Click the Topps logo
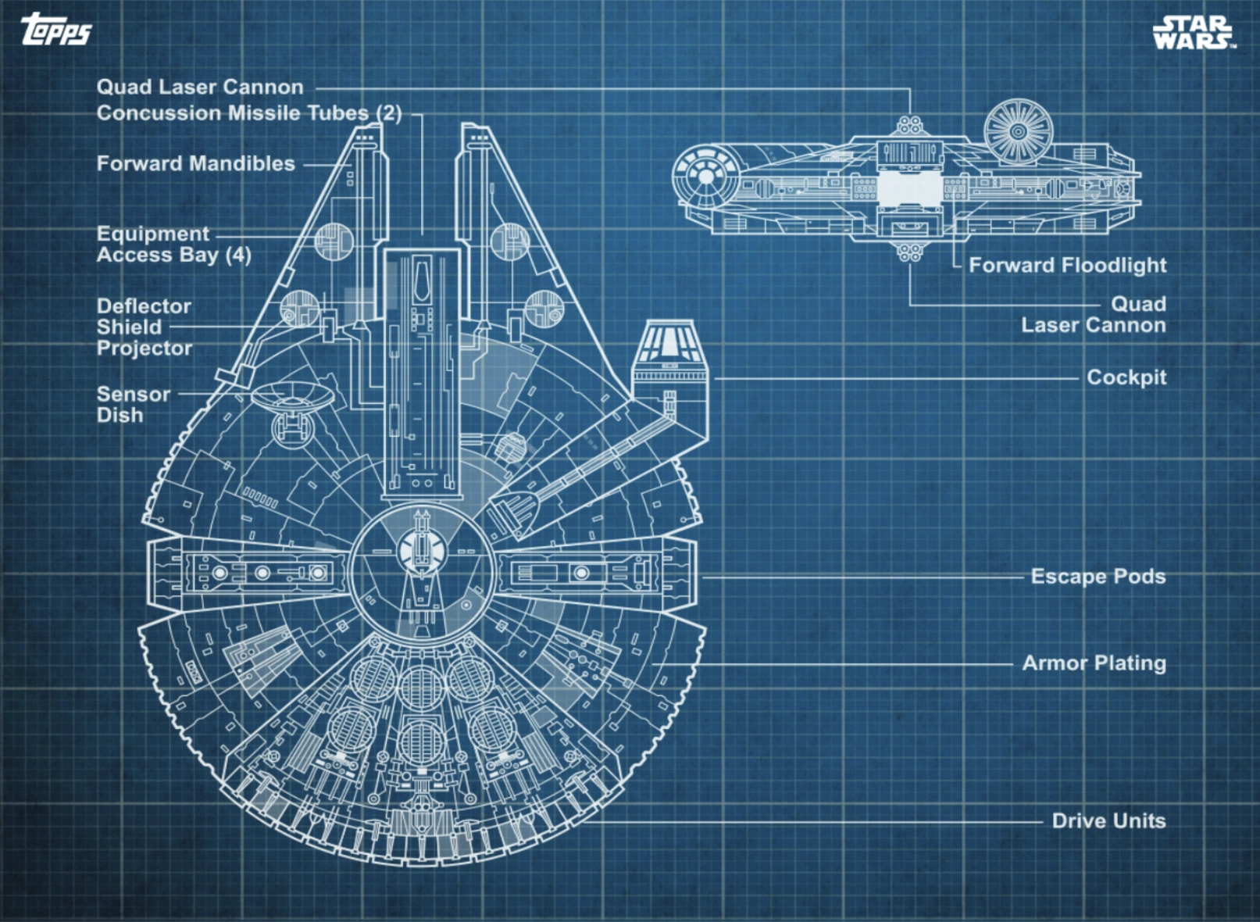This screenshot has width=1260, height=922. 56,30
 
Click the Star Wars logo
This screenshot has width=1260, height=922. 1193,33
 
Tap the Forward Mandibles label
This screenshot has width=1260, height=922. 195,164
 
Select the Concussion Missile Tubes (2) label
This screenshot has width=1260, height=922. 248,113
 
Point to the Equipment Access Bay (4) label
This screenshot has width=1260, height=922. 173,245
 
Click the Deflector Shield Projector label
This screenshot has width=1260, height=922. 144,327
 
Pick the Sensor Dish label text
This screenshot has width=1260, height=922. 133,405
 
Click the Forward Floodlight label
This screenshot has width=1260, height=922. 1067,266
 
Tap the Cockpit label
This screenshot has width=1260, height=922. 1126,377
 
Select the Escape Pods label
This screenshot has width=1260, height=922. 1098,577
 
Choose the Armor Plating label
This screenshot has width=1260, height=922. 1094,663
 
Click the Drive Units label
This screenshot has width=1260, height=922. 1108,821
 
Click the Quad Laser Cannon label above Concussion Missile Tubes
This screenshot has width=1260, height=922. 200,88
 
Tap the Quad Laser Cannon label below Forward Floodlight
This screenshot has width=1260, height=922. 1094,315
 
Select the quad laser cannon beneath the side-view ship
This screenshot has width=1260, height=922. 908,252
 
